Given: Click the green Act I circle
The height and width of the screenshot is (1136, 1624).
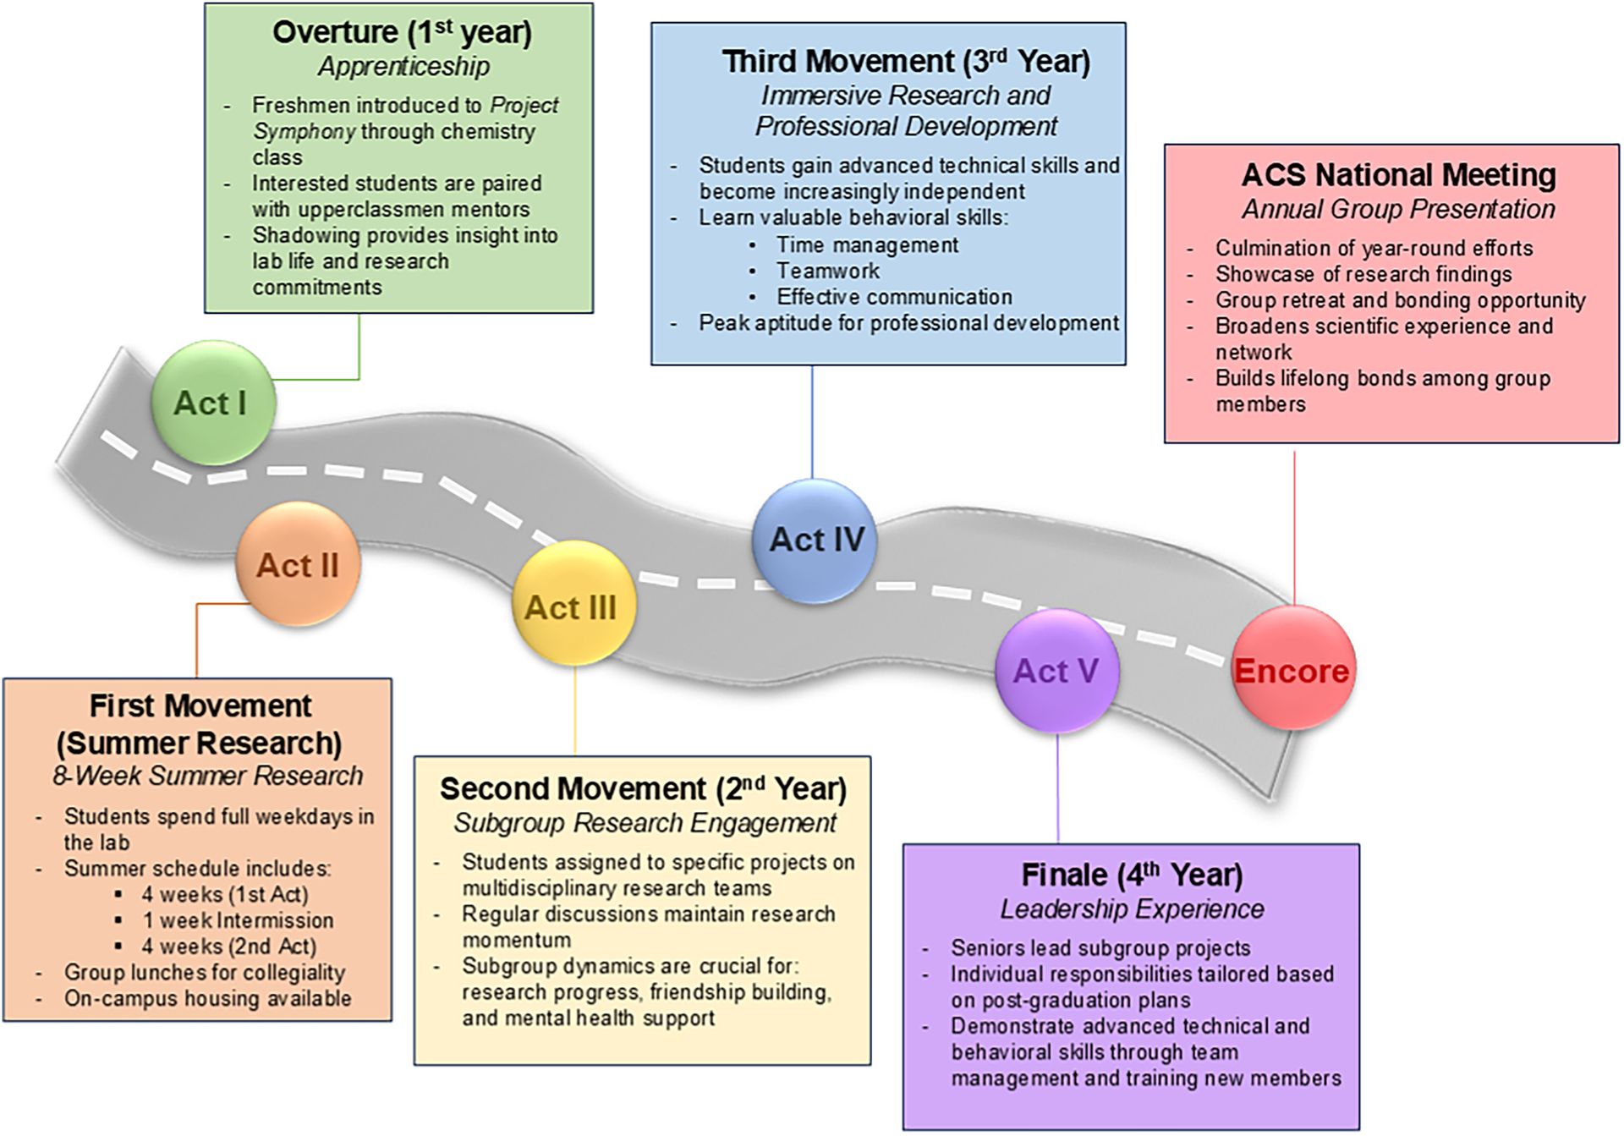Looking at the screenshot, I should point(212,403).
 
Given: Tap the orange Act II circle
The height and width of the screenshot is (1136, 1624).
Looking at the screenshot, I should point(298,564).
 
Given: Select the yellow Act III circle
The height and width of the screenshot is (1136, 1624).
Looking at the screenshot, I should point(573,606).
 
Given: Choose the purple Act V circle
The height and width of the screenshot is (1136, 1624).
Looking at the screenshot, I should point(1056,671).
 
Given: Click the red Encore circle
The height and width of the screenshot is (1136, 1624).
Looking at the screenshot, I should point(1292,669).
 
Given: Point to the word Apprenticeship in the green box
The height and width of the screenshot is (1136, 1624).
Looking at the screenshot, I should point(403,67).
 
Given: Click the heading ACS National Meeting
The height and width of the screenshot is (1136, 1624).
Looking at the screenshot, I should point(1398,175).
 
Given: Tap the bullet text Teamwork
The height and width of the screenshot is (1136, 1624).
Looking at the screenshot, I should point(828,271).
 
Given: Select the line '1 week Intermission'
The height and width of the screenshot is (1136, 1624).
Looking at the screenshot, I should point(238,920).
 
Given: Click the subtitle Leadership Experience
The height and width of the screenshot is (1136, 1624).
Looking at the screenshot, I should point(1132,909).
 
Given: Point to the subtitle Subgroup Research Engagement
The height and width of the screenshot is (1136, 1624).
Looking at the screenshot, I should point(645,823).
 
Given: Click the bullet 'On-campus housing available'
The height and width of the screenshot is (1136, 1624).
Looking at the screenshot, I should point(207,998).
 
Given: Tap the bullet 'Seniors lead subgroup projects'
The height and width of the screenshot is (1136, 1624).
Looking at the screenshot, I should point(1100,948).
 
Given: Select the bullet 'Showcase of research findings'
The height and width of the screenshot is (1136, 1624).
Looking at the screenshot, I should point(1363,274).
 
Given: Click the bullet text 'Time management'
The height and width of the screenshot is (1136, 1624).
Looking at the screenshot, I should point(867,245).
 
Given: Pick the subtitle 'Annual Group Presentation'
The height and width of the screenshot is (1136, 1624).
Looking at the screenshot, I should point(1398,209).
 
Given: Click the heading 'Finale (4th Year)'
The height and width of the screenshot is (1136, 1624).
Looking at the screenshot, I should point(1132,875).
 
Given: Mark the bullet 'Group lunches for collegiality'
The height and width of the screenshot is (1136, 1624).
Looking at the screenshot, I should point(205,973).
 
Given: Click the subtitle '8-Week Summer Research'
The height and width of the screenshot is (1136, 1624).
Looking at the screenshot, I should point(207,776).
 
